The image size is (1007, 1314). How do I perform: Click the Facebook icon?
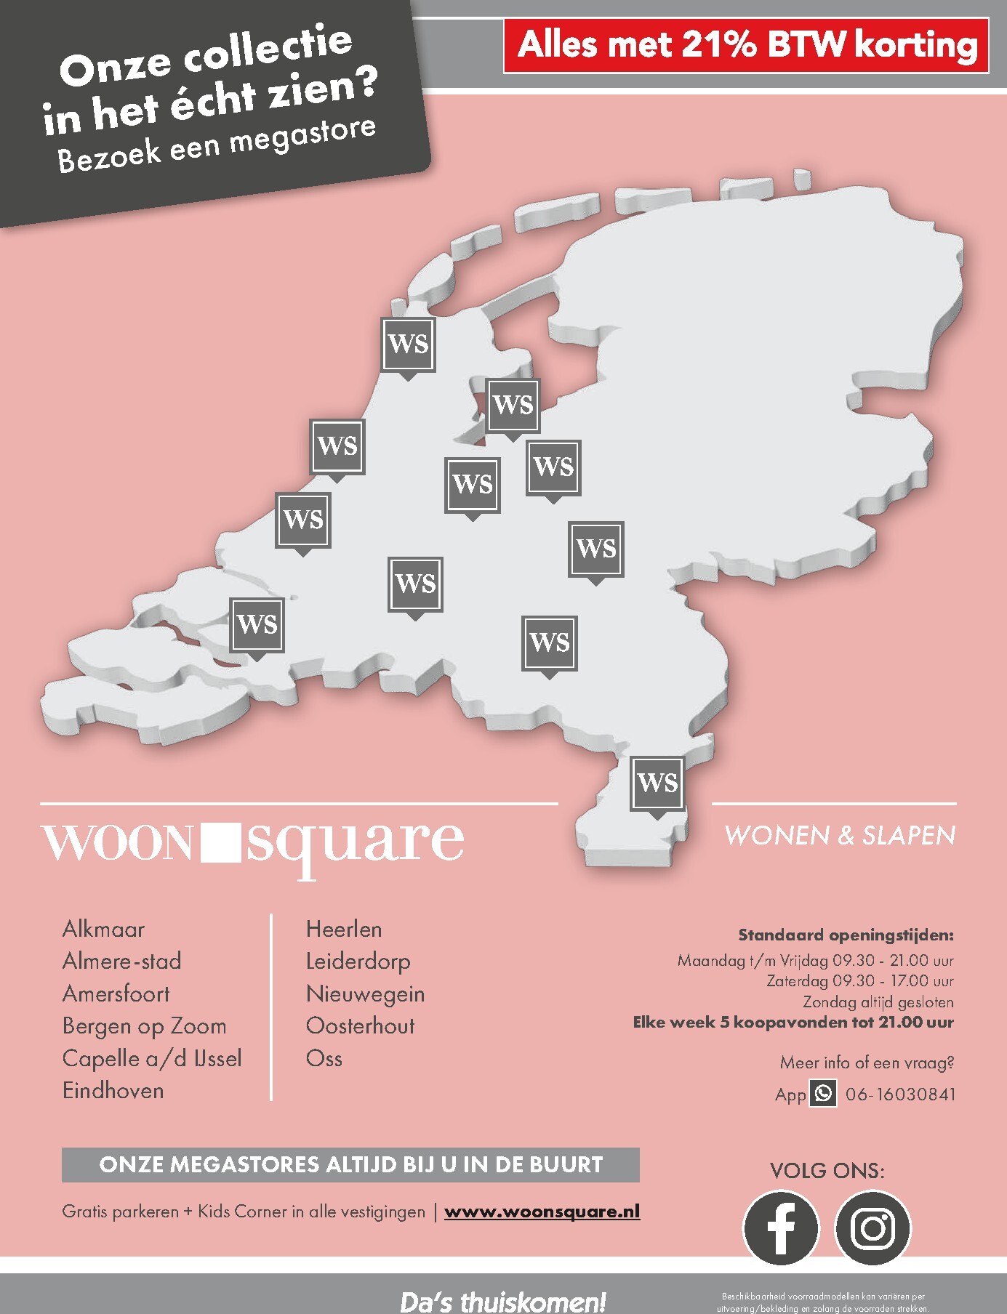780,1228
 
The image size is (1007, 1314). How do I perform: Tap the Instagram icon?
872,1228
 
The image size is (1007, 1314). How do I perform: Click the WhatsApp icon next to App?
823,1093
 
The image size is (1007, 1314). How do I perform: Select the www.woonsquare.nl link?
542,1212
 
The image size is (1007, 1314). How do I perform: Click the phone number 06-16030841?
900,1094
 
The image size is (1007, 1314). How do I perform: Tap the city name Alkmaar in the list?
103,929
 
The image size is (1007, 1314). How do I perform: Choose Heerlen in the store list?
343,929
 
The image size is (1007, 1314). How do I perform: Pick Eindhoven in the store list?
113,1090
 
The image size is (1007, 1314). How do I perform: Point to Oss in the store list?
324,1058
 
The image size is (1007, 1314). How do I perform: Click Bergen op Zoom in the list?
144,1025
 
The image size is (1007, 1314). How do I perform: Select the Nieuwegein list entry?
365,993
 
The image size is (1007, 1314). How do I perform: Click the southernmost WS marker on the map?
657,783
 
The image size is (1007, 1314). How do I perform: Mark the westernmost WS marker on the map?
257,624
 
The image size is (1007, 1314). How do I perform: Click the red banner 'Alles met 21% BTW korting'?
746,46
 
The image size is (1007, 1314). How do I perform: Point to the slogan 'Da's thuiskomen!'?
502,1301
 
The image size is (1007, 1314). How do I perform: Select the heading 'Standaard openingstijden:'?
846,935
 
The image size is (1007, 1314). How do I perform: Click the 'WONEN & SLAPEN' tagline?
840,836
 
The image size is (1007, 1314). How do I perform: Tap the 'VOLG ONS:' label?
827,1171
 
